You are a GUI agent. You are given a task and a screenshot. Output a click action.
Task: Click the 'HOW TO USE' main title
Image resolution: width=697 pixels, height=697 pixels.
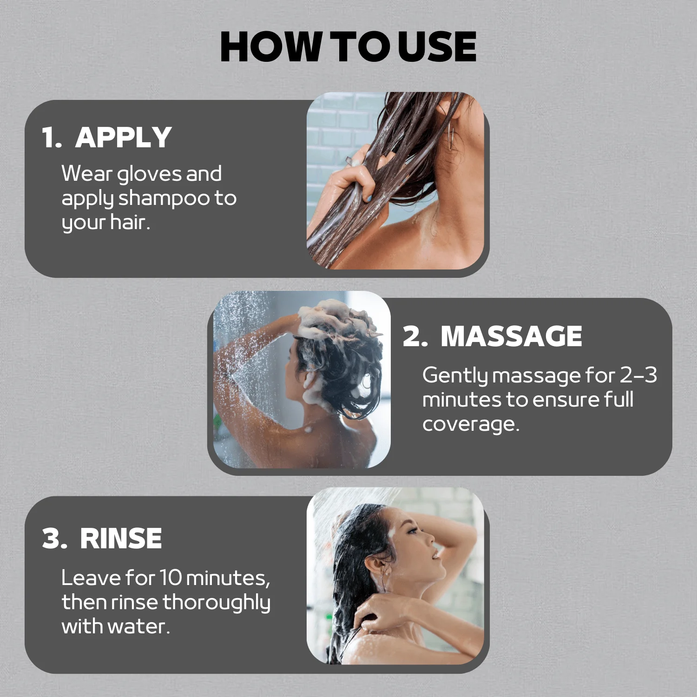(x=348, y=46)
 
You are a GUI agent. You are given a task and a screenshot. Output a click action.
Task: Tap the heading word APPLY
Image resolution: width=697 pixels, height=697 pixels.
(x=124, y=138)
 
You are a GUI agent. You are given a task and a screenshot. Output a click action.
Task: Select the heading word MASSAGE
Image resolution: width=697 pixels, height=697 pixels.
(x=511, y=336)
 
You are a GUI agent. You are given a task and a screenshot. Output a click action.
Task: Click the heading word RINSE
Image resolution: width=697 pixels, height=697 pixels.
(x=121, y=539)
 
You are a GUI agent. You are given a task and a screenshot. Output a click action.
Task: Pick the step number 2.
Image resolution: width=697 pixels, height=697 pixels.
(x=414, y=336)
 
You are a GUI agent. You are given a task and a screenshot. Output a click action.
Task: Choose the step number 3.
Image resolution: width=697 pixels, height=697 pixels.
(x=54, y=539)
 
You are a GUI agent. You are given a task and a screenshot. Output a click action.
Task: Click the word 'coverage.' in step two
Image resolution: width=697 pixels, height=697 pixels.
(x=470, y=424)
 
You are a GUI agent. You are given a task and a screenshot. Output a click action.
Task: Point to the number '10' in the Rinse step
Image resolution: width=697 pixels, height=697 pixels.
(x=171, y=578)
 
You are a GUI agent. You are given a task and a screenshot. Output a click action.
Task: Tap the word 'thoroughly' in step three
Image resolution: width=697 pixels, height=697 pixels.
(x=216, y=603)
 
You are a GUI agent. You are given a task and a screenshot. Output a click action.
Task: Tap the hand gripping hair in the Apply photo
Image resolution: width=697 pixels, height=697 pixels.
(x=358, y=174)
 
